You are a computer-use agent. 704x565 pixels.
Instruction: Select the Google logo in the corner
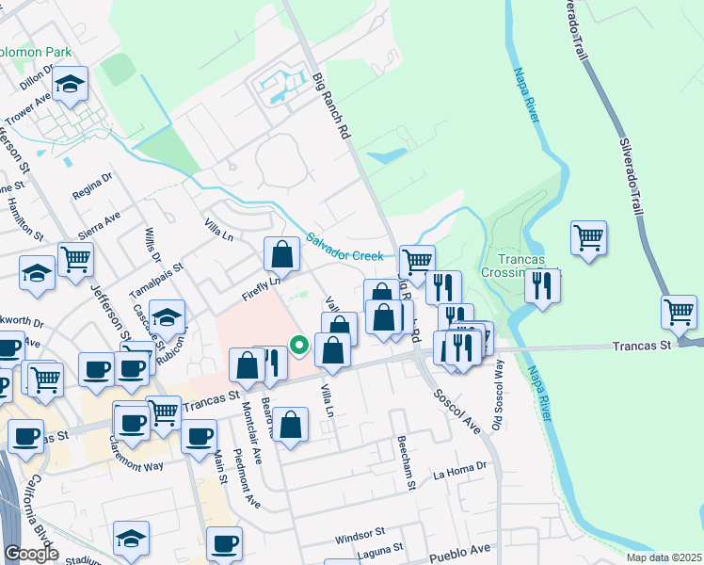tap(31, 554)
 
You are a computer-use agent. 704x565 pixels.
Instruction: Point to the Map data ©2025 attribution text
tap(664, 557)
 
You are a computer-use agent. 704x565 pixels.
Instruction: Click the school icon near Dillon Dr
tap(70, 85)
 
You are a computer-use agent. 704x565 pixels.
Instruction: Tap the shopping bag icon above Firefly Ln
tap(281, 253)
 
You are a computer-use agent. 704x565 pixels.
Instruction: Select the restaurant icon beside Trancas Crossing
tap(541, 284)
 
